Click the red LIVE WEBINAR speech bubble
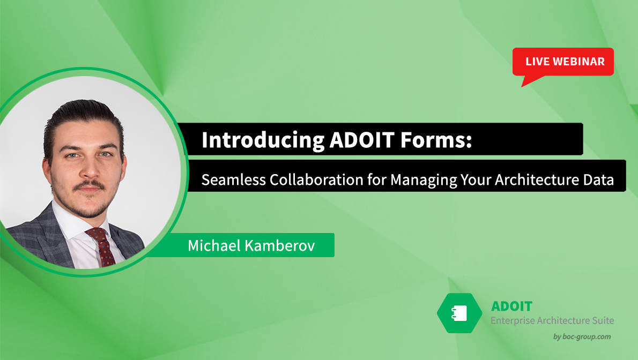coord(563,62)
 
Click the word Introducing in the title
coord(263,140)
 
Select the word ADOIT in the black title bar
coord(362,140)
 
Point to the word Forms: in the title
coord(436,140)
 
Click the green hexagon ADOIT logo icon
coord(459,313)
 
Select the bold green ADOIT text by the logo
coord(511,306)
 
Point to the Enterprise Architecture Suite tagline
coord(552,320)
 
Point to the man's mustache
coord(89,185)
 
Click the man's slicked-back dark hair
coord(81,118)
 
